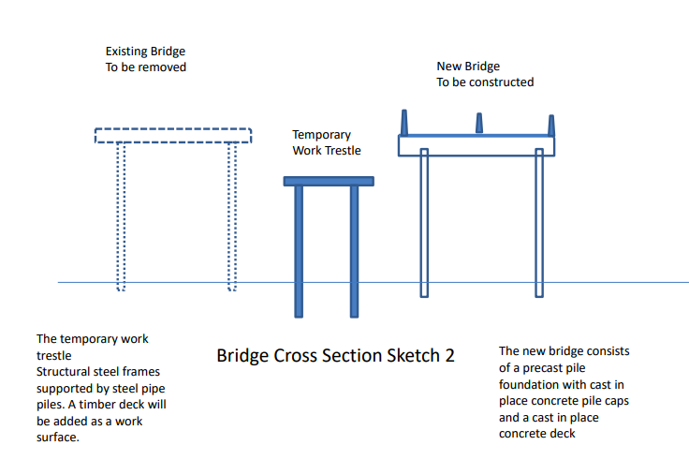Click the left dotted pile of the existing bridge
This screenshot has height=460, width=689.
(x=120, y=215)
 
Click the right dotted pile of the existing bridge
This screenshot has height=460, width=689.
(x=231, y=215)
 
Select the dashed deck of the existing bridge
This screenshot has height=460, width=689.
(x=173, y=136)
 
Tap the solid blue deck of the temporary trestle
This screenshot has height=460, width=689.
(x=329, y=181)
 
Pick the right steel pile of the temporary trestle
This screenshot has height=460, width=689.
(x=355, y=251)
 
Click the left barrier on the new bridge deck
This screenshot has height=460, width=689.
(x=405, y=123)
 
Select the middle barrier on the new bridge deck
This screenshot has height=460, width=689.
(x=478, y=124)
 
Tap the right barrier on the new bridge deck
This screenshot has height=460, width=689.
(x=550, y=125)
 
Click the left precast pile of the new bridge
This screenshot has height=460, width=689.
(x=424, y=225)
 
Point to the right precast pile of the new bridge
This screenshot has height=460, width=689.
(x=538, y=225)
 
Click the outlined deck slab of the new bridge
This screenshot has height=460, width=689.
(x=477, y=145)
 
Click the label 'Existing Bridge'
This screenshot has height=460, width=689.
(x=145, y=52)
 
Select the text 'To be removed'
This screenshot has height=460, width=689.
(x=145, y=67)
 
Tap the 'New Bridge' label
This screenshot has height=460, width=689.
(x=468, y=67)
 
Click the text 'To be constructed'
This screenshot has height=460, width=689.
(x=485, y=82)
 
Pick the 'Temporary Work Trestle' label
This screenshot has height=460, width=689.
(x=327, y=142)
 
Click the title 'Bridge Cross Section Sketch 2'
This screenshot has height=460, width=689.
(x=336, y=357)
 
